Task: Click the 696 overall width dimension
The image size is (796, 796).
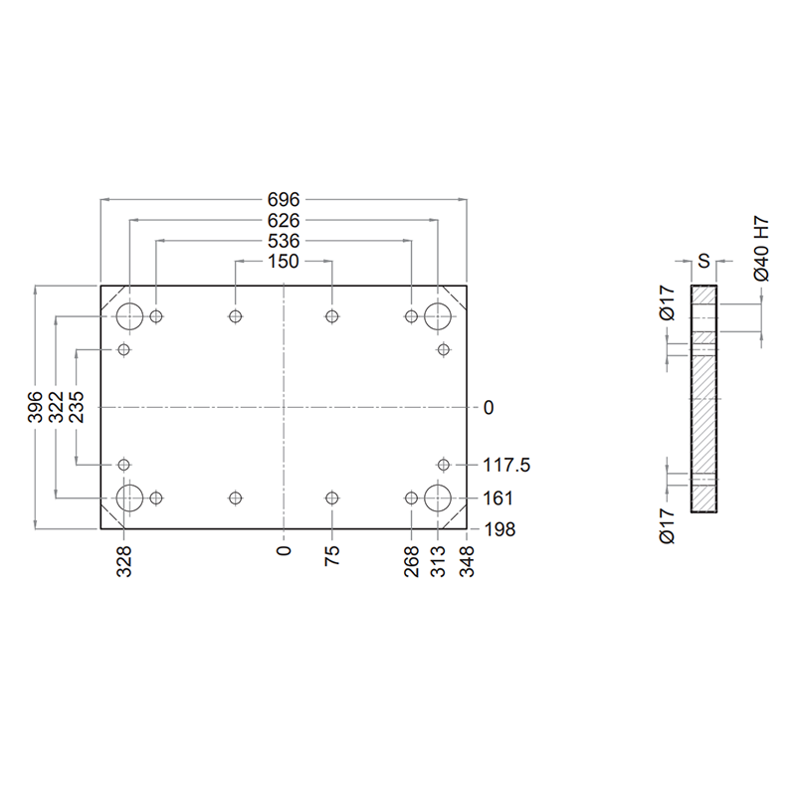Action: pyautogui.click(x=284, y=200)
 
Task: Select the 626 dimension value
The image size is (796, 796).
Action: pyautogui.click(x=284, y=220)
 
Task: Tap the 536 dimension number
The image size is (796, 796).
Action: pyautogui.click(x=284, y=241)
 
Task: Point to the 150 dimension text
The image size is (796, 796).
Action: pyautogui.click(x=284, y=262)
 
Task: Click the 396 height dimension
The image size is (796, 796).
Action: pyautogui.click(x=35, y=407)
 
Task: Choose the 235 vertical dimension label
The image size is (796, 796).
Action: pyautogui.click(x=77, y=407)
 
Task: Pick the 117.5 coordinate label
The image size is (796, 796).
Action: pyautogui.click(x=506, y=465)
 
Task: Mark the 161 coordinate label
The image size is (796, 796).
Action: pyautogui.click(x=497, y=498)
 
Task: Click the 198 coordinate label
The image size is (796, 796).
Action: pyautogui.click(x=499, y=529)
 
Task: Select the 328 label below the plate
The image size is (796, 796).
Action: pyautogui.click(x=124, y=561)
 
